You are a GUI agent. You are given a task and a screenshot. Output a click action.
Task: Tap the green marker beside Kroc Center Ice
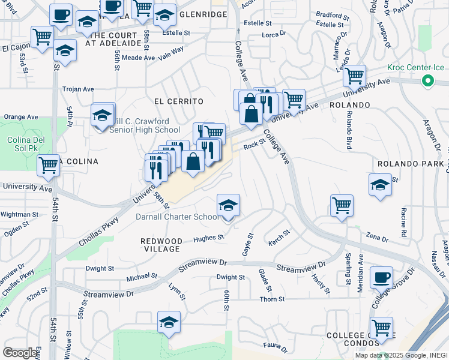[428, 80]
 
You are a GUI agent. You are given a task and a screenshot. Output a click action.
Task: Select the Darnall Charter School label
[178, 217]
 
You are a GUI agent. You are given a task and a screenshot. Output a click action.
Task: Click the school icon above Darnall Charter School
[228, 206]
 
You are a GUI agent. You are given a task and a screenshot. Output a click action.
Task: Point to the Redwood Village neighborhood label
[161, 245]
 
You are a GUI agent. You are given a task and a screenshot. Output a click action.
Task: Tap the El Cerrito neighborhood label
[179, 101]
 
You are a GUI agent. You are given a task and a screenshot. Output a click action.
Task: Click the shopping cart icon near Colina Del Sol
[48, 165]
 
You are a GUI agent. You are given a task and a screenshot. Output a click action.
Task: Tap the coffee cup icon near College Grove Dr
[381, 278]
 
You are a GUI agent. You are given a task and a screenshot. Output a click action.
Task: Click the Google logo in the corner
[20, 353]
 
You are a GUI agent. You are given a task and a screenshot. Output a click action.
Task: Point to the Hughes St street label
[208, 238]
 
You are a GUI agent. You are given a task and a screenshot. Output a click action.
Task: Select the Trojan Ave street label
[79, 89]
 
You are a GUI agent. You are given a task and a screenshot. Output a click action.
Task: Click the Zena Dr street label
[377, 238]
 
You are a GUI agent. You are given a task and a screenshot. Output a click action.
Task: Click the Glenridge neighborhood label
[204, 14]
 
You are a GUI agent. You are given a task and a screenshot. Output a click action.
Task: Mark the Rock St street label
[254, 145]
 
